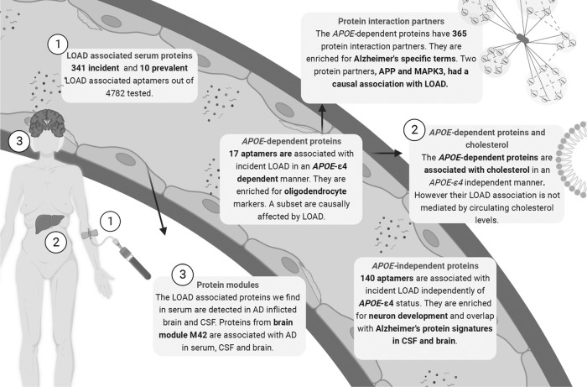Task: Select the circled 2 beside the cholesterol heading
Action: pyautogui.click(x=412, y=130)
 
